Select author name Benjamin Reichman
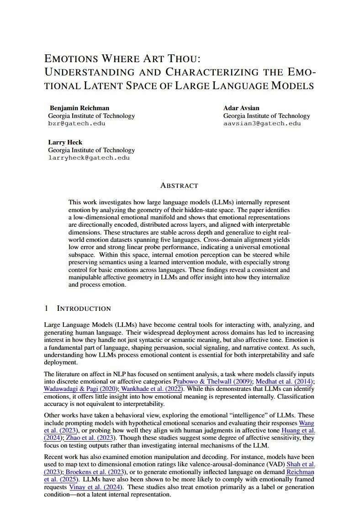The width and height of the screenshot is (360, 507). [79, 108]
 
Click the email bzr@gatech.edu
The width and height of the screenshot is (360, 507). [77, 123]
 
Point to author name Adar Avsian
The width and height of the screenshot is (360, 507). [241, 108]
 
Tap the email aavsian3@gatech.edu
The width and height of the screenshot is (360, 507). [262, 123]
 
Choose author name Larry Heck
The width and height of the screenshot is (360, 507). [65, 142]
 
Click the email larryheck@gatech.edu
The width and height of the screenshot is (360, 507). [89, 158]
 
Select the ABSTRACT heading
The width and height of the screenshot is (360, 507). [179, 186]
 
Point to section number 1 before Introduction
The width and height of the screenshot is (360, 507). [46, 309]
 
